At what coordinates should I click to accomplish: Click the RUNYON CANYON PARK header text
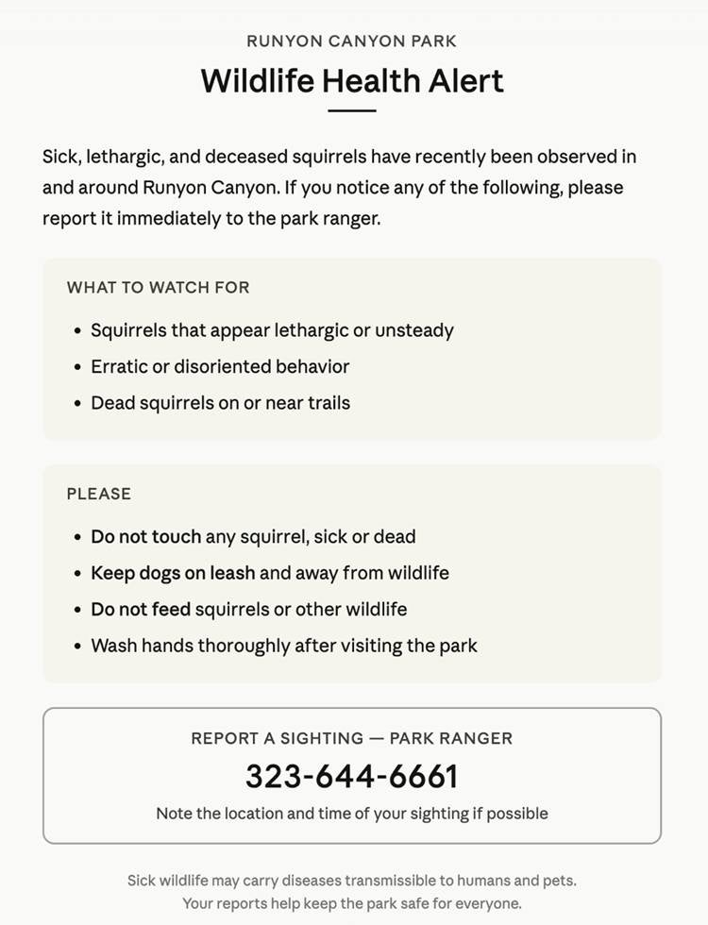(351, 41)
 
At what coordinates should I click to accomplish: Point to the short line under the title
(352, 110)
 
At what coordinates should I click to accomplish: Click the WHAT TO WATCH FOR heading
(158, 287)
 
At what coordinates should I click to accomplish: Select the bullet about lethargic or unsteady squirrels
(272, 330)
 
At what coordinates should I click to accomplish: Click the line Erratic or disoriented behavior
(220, 366)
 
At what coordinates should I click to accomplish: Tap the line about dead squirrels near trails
(220, 403)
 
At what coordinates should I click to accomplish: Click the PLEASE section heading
(98, 494)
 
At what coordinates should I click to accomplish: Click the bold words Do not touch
(145, 537)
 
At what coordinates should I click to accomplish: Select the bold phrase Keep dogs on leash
(173, 573)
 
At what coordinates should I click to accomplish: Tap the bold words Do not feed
(141, 610)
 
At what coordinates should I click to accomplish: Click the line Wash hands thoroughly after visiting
(283, 647)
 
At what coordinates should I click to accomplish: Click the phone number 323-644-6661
(352, 776)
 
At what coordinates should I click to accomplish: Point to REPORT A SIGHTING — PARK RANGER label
(352, 738)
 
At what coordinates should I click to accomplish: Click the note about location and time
(352, 813)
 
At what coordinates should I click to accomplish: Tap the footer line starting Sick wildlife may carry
(352, 881)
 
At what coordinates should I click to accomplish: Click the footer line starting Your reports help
(352, 903)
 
